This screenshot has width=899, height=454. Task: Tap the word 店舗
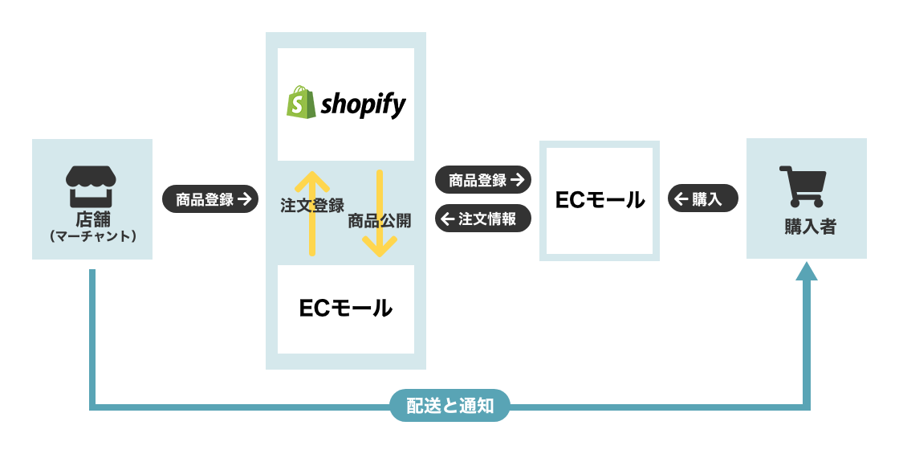pyautogui.click(x=92, y=219)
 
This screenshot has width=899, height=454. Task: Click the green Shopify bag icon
pyautogui.click(x=300, y=104)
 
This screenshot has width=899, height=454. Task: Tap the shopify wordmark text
pyautogui.click(x=364, y=105)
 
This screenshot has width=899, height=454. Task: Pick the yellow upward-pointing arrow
pyautogui.click(x=312, y=213)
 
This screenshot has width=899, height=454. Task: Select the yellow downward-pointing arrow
pyautogui.click(x=380, y=213)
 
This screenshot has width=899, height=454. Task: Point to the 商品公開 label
pyautogui.click(x=379, y=222)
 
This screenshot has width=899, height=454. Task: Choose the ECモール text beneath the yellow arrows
pyautogui.click(x=345, y=307)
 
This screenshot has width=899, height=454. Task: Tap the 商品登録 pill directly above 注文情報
pyautogui.click(x=483, y=180)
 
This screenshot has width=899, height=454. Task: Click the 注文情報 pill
pyautogui.click(x=483, y=218)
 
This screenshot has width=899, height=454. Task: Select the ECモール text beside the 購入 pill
pyautogui.click(x=600, y=200)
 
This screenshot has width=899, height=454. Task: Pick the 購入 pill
pyautogui.click(x=702, y=199)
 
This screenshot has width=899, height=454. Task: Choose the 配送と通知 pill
pyautogui.click(x=449, y=406)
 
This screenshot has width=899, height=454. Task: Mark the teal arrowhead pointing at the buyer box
pyautogui.click(x=806, y=270)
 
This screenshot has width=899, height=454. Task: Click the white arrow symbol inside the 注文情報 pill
pyautogui.click(x=448, y=218)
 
